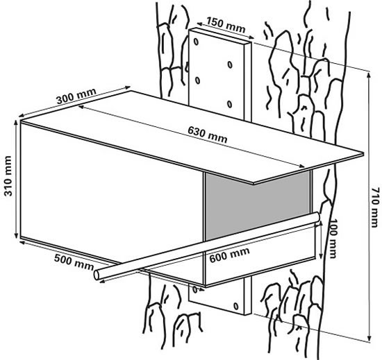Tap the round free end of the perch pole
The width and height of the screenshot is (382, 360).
[99, 275]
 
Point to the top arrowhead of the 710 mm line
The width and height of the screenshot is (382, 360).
[365, 69]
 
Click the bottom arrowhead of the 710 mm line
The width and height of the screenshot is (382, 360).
[365, 339]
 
